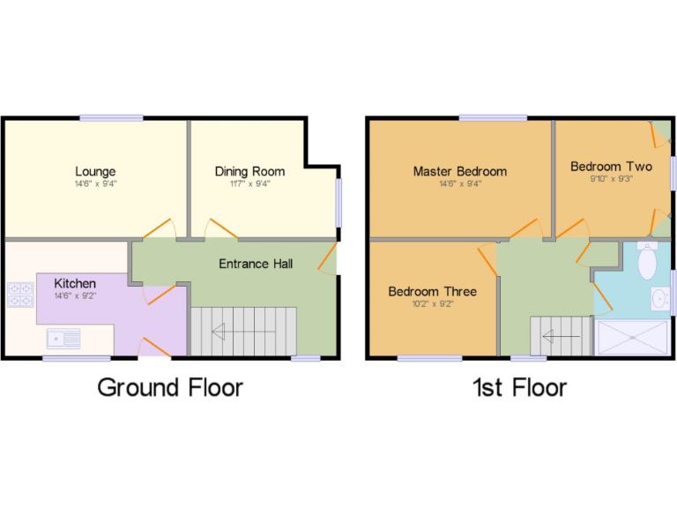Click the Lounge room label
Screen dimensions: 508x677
[x=95, y=171]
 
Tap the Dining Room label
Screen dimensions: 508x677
[x=249, y=171]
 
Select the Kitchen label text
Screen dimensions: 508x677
[x=75, y=283]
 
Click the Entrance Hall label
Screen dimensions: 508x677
[x=256, y=264]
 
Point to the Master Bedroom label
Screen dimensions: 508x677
[x=459, y=171]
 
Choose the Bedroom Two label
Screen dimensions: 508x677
[x=611, y=166]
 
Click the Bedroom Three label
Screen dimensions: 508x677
[x=432, y=292]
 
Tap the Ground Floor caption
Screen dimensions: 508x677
[x=170, y=386]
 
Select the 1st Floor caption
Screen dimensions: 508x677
[x=519, y=386]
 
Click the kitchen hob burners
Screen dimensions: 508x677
[x=19, y=293]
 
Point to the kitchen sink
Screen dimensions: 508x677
[x=64, y=336]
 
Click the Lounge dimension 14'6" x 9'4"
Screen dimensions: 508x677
[x=95, y=184]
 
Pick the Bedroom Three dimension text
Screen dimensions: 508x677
[x=432, y=304]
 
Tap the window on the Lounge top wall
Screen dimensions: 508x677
[x=111, y=117]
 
